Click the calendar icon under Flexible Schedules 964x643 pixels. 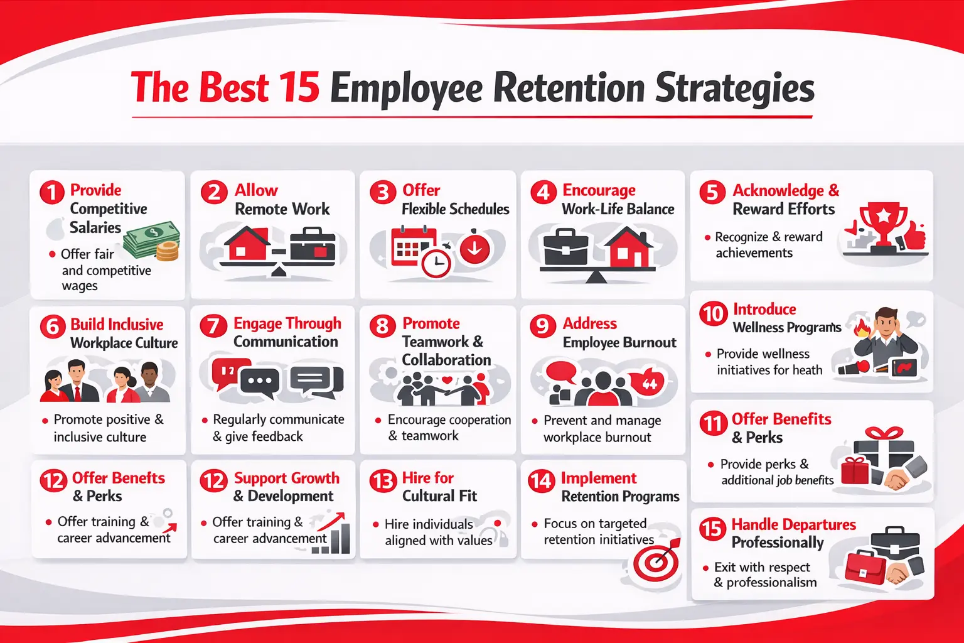[412, 246]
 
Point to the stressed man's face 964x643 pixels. [887, 323]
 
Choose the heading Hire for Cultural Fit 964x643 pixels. [439, 487]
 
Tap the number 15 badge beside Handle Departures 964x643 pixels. [712, 529]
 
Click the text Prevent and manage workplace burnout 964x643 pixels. [601, 429]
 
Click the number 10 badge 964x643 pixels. [713, 313]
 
